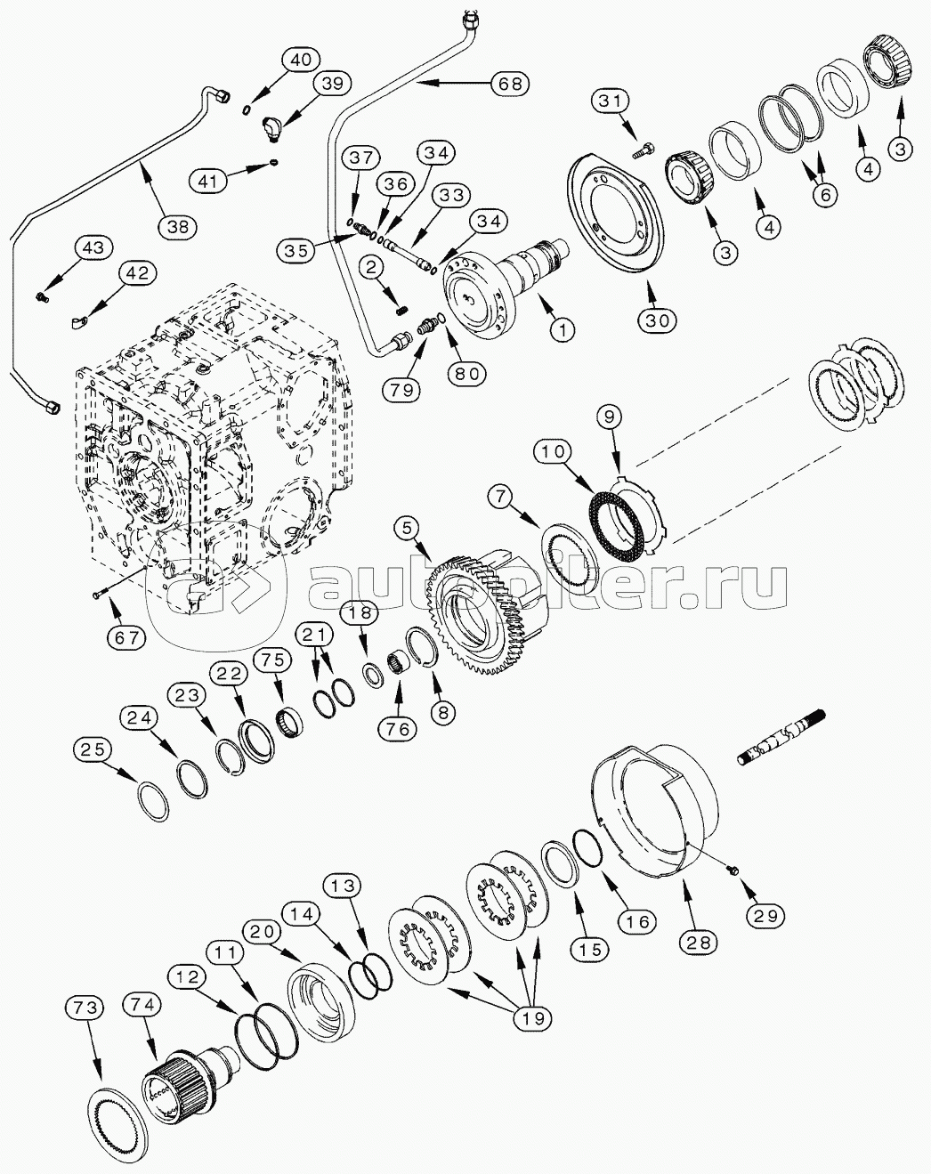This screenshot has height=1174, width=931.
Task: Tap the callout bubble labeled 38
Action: coord(178,226)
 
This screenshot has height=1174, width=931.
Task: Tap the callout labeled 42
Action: coord(136,273)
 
